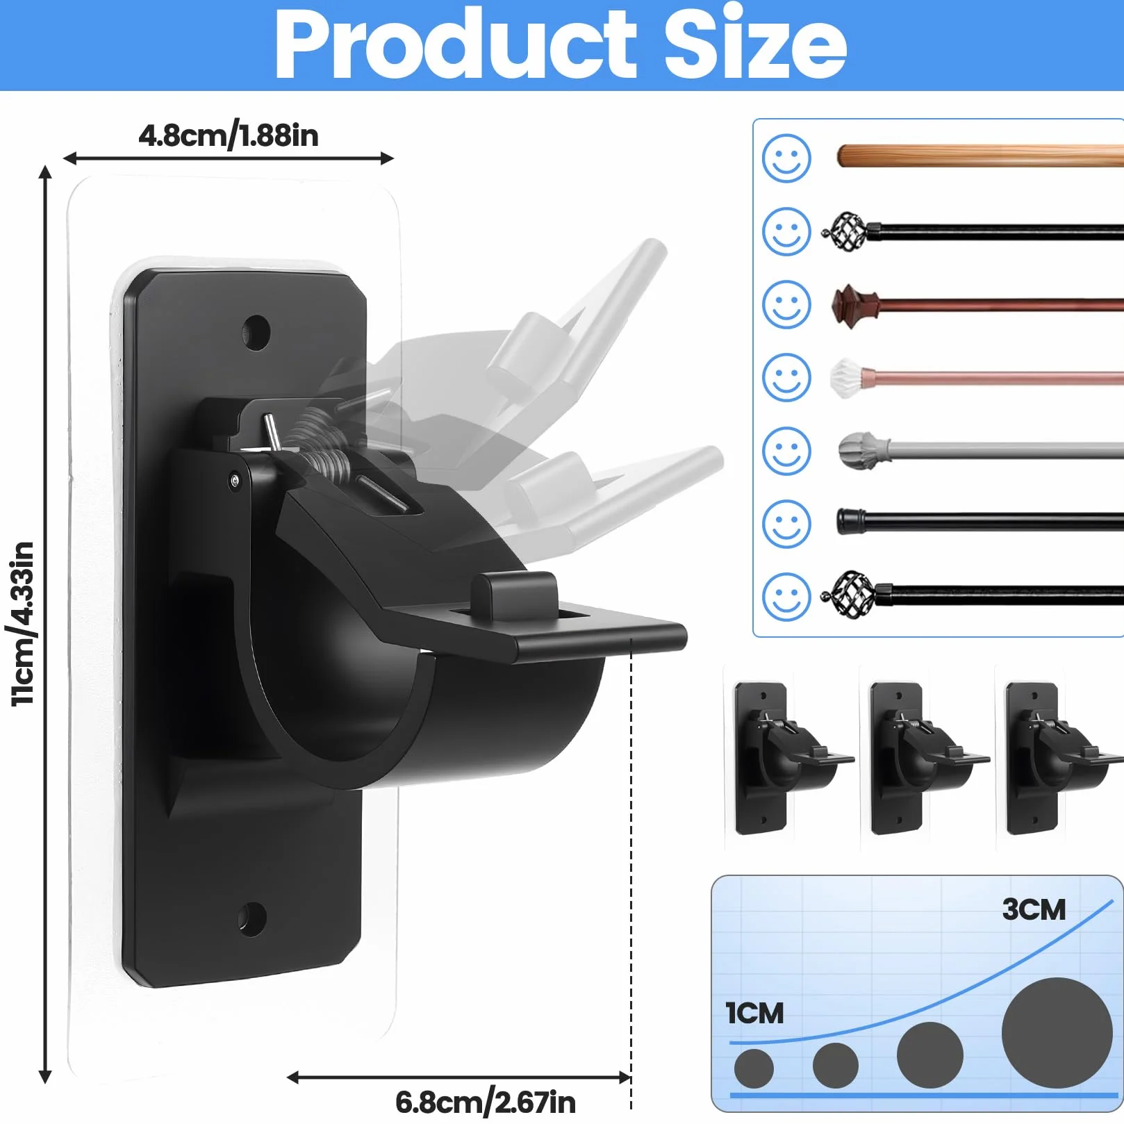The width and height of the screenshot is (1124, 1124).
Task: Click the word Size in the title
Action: point(755,44)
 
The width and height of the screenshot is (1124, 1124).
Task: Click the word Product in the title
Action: point(456,44)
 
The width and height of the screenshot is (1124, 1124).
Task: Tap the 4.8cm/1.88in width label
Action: point(229,135)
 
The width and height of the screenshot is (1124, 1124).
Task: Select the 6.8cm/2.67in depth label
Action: point(486,1102)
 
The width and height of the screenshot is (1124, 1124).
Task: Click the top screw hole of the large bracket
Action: point(256,332)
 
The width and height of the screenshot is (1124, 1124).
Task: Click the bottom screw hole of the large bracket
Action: point(251,919)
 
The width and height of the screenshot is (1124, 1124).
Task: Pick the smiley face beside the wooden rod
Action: point(786,158)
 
